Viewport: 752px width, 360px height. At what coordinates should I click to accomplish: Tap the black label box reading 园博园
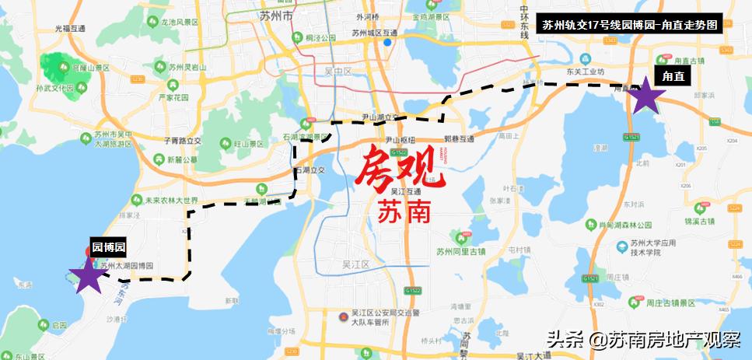[x=108, y=247]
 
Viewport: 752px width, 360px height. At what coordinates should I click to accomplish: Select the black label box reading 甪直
[x=673, y=76]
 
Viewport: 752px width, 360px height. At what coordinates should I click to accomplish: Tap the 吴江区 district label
[x=357, y=264]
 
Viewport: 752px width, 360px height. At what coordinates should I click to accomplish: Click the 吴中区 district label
[x=338, y=71]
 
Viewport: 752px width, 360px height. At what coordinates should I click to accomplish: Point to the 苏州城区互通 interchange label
[x=375, y=33]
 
